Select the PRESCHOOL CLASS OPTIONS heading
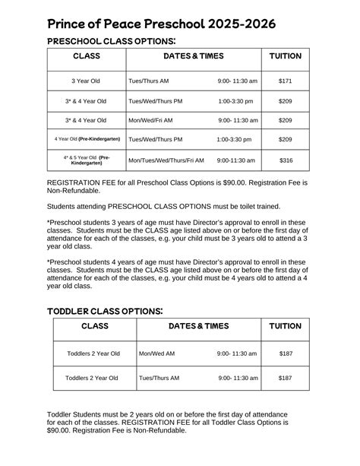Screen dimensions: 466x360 click(x=112, y=41)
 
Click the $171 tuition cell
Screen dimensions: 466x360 click(x=285, y=80)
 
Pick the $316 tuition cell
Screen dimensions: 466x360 click(x=286, y=160)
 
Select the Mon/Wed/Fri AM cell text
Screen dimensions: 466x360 click(x=150, y=120)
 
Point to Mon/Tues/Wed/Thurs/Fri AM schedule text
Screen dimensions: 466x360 click(x=166, y=160)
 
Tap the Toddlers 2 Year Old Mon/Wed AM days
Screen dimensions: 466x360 click(x=156, y=353)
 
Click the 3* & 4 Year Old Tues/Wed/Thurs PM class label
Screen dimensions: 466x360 click(x=86, y=100)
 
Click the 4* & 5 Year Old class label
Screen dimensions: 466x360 click(x=87, y=160)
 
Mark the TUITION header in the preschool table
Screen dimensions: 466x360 click(x=286, y=56)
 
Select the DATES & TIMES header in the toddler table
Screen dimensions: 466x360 click(x=198, y=326)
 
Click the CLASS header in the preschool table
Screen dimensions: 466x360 click(x=87, y=56)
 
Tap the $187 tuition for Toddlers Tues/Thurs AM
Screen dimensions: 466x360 click(x=285, y=378)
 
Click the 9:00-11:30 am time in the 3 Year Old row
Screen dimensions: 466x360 click(x=238, y=80)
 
